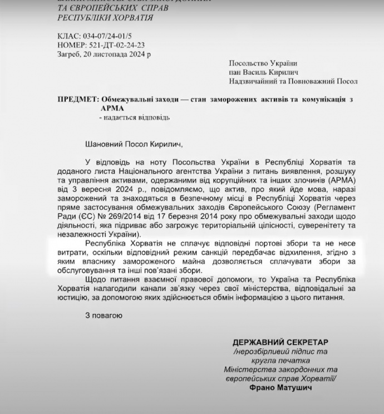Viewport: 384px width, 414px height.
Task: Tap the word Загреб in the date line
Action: coord(69,54)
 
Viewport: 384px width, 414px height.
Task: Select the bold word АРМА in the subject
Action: coord(111,108)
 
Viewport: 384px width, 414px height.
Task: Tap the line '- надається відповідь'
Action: coord(134,117)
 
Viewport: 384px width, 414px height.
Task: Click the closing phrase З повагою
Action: coord(104,316)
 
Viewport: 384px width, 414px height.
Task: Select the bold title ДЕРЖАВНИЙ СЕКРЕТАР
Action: coord(280,342)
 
